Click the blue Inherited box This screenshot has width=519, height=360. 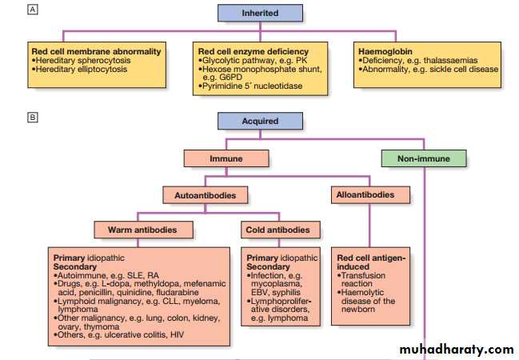click(x=260, y=13)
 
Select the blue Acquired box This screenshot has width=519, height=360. click(x=260, y=122)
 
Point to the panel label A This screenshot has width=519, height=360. click(x=32, y=10)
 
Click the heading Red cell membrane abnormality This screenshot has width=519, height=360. click(x=96, y=51)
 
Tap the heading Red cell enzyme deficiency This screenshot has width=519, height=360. click(x=253, y=51)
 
